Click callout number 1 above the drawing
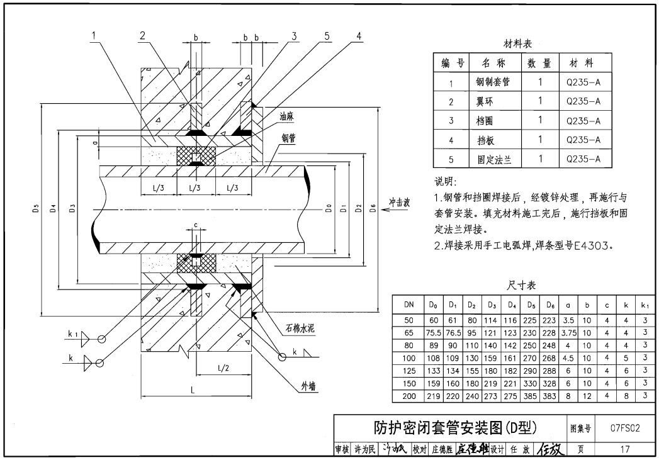[x=93, y=36]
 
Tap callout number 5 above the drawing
[x=327, y=36]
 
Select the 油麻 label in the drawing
[x=288, y=116]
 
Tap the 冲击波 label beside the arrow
[x=400, y=203]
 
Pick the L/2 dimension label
[x=222, y=367]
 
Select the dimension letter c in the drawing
[x=196, y=225]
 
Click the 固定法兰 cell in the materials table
[x=495, y=160]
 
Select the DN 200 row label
[x=409, y=396]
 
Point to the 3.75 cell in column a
[x=568, y=332]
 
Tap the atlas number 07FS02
[x=625, y=429]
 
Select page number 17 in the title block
[x=624, y=449]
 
